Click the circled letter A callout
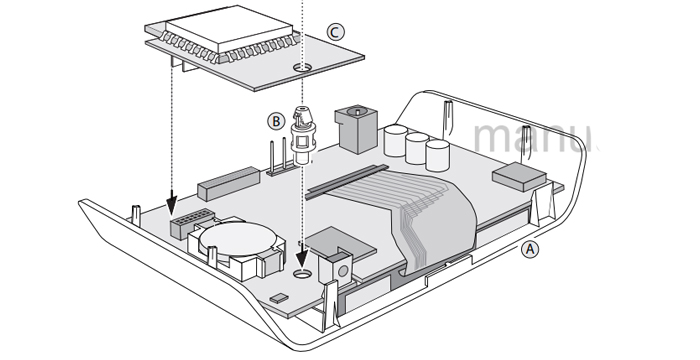pos(531,249)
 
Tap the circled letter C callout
pos(336,32)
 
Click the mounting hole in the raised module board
pos(302,66)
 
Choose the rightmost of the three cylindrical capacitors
pos(437,156)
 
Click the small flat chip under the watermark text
pos(518,176)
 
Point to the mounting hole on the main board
pos(303,273)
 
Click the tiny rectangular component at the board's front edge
pos(277,297)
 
